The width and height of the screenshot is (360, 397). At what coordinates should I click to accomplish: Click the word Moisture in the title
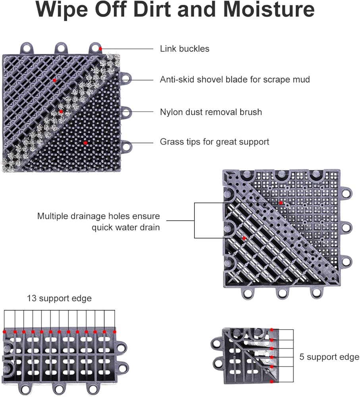pos(269,10)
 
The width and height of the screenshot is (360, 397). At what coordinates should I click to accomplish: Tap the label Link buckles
pos(185,48)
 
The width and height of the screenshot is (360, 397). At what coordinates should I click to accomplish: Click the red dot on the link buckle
pos(100,48)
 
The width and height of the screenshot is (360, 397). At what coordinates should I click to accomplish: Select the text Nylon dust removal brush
pos(211,112)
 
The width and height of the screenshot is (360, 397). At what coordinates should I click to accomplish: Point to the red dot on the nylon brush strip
pos(61,112)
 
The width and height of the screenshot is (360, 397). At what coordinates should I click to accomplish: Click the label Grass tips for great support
pos(214,142)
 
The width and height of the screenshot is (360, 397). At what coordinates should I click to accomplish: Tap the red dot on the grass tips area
pos(85,143)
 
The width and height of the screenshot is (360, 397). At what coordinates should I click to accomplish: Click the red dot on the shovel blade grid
pos(54,81)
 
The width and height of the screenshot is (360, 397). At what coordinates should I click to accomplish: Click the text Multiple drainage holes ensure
pos(98,216)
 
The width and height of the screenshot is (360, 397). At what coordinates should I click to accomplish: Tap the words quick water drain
pos(125,227)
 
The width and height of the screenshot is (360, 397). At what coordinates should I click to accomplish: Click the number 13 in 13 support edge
pos(32,298)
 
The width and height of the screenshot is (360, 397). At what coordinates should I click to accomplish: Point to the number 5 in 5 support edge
pos(302,357)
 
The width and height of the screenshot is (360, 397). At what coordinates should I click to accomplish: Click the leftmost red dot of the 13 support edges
pos(4,331)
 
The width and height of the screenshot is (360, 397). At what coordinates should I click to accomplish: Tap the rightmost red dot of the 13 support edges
pos(115,331)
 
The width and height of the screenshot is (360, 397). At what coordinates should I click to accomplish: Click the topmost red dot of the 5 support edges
pos(271,330)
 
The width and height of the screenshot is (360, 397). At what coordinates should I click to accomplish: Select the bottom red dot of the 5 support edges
pos(271,382)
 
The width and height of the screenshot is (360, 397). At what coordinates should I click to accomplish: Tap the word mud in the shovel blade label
pos(301,79)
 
